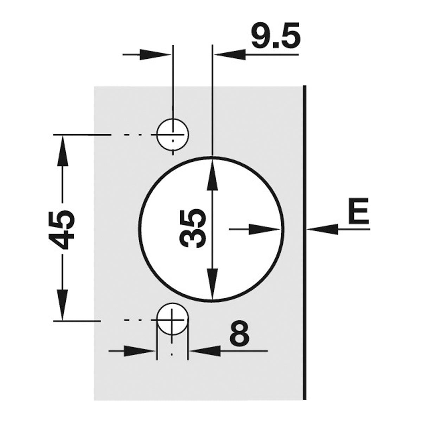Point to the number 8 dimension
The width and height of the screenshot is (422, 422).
(239, 335)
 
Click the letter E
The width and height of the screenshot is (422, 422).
(358, 211)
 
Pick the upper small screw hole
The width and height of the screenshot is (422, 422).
(173, 134)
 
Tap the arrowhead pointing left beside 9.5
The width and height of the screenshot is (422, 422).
(230, 54)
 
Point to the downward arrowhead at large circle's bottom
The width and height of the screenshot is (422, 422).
(212, 283)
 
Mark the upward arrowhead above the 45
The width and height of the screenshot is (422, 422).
(63, 151)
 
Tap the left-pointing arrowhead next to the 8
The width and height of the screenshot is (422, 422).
(205, 351)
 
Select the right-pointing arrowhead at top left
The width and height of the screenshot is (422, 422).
(155, 54)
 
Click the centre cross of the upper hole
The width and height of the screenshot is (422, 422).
(173, 134)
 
